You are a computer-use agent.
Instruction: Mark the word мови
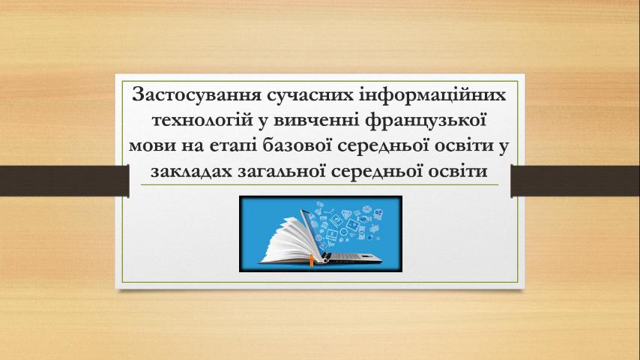pyautogui.click(x=160, y=145)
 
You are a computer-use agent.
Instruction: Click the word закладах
pyautogui.click(x=190, y=170)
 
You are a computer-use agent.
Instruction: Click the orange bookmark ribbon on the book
pyautogui.click(x=311, y=260)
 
